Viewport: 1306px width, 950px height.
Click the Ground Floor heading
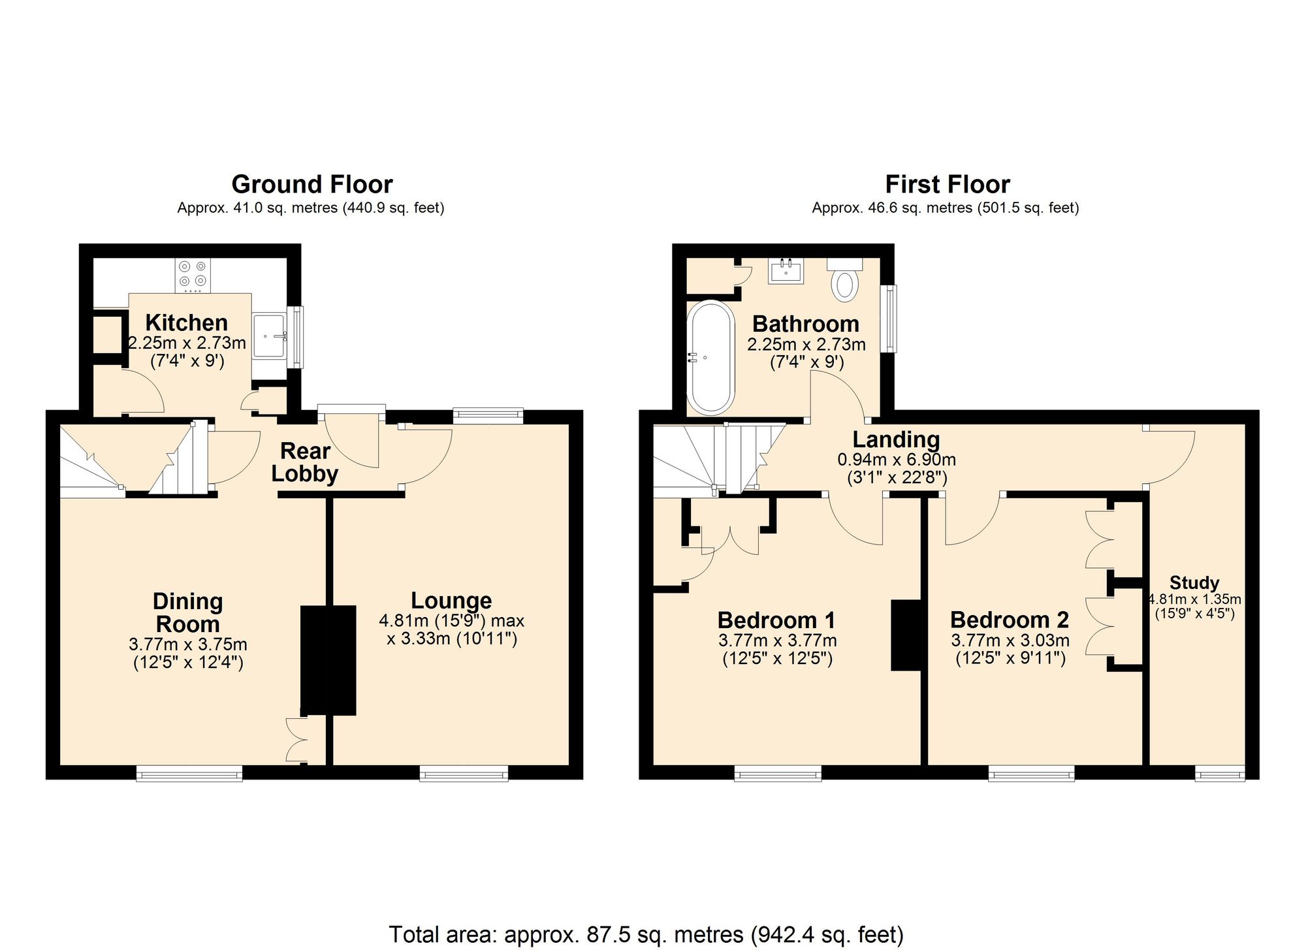311,185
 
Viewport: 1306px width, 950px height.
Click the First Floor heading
947,185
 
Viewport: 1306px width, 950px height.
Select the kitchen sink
269,336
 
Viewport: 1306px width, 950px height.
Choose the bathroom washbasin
786,270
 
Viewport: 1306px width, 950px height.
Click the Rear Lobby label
305,462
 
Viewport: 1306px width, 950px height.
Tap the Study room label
1194,582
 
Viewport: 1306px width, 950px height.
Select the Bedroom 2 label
1010,619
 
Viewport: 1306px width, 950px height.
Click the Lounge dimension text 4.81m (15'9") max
452,620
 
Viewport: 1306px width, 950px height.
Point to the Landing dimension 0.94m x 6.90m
896,460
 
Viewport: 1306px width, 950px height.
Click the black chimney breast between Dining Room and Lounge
328,659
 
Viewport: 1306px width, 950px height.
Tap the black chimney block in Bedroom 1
906,635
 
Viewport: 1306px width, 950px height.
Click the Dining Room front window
189,774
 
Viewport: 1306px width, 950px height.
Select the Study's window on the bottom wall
1220,774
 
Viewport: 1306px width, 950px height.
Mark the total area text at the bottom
646,934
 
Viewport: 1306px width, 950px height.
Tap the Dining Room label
188,612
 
